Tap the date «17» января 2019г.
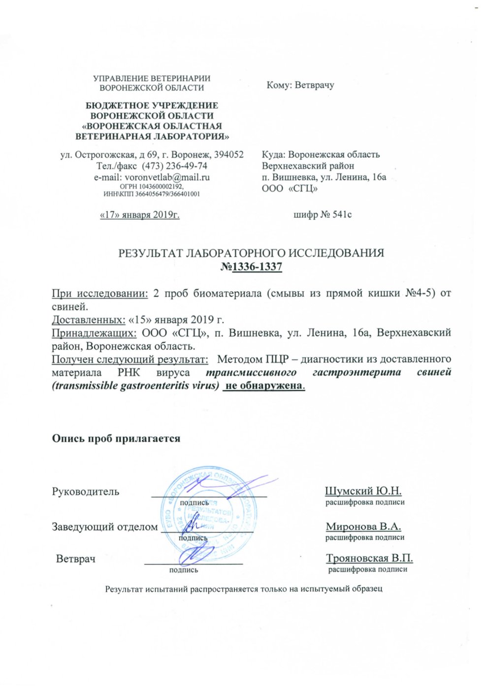pyautogui.click(x=139, y=215)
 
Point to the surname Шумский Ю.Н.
pyautogui.click(x=363, y=491)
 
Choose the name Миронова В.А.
pyautogui.click(x=363, y=526)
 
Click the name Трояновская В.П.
pyautogui.click(x=369, y=559)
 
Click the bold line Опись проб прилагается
pyautogui.click(x=116, y=438)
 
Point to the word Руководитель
pyautogui.click(x=86, y=492)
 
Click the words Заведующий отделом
pyautogui.click(x=105, y=526)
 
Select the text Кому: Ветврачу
pyautogui.click(x=300, y=85)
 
